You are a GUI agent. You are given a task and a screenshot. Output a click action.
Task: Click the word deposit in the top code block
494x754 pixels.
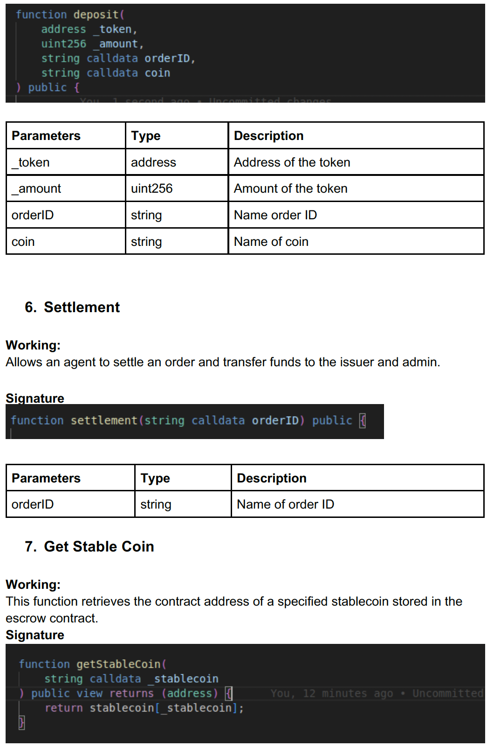pos(96,14)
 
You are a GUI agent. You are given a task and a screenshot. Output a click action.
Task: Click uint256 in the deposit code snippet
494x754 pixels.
pos(64,44)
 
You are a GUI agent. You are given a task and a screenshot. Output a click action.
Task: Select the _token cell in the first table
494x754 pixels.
pos(31,162)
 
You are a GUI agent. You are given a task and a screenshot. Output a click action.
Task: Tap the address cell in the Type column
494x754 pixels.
pos(153,162)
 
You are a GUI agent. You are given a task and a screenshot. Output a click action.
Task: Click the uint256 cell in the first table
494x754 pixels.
pos(151,188)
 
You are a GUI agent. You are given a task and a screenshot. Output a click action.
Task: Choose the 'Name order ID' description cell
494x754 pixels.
pos(275,215)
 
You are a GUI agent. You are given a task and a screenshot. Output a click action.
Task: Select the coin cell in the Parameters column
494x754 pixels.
pos(23,242)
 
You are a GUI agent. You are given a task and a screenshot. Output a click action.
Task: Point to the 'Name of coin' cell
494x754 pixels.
pos(271,242)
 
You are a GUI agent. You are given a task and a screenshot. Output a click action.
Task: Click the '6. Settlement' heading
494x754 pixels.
pos(73,307)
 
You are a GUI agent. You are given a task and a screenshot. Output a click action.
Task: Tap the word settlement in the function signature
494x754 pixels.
pos(104,420)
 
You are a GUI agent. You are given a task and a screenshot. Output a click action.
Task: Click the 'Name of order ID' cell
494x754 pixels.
pos(285,504)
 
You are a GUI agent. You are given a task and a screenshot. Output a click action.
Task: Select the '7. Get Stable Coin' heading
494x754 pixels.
pos(89,546)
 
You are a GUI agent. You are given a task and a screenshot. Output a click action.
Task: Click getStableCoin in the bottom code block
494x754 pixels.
pos(118,664)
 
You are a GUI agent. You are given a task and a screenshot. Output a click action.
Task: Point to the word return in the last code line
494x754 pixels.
pos(64,708)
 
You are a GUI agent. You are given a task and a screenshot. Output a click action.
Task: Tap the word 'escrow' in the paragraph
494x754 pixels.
pos(27,618)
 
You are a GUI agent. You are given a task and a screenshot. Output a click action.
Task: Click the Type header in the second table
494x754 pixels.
pos(155,478)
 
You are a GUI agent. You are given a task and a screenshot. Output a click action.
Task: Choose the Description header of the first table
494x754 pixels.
pos(268,136)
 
